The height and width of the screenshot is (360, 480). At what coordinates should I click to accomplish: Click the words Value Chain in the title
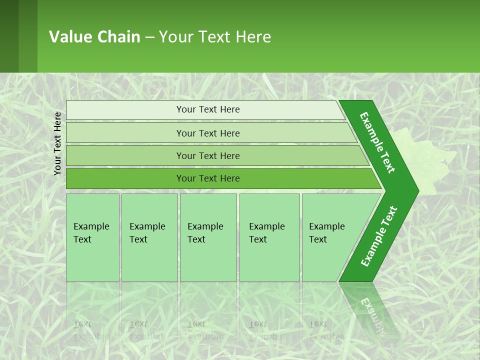point(94,37)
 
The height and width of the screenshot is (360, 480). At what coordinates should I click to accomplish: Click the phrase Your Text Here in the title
point(215,37)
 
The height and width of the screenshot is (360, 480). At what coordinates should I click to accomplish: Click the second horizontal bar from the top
point(207,133)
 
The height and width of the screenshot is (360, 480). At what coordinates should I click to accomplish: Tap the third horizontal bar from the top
point(207,155)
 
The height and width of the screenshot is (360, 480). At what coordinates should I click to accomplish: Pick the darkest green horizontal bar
point(207,178)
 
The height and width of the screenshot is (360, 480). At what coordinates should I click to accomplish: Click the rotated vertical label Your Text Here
point(57,143)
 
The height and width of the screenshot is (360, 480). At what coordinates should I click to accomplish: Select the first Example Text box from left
point(92,237)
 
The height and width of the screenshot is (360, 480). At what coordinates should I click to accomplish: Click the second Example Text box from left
point(149,237)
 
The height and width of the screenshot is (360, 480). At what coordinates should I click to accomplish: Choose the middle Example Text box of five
point(208,237)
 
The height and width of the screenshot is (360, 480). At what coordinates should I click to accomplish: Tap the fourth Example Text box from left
point(269,237)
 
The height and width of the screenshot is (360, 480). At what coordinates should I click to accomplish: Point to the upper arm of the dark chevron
point(377,142)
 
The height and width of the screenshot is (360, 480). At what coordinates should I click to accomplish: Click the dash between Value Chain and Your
point(149,37)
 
